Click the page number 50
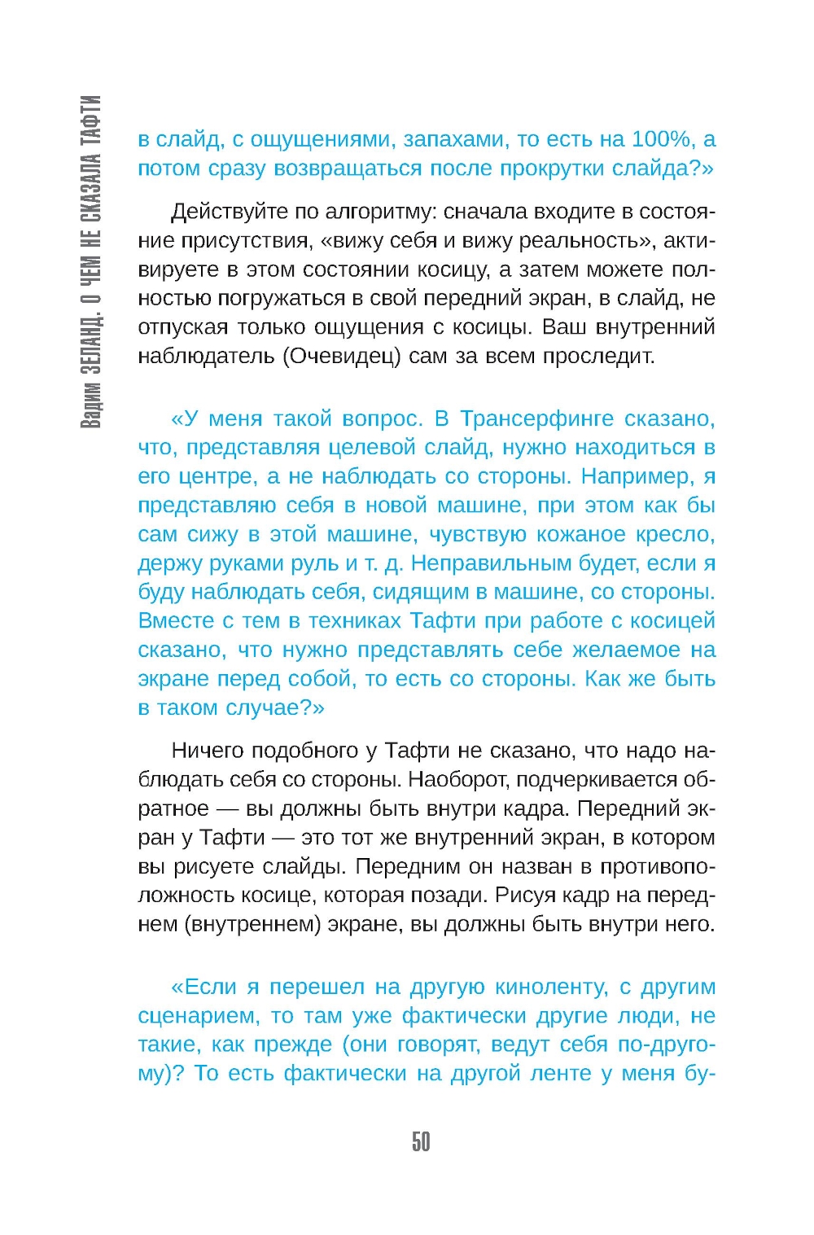coord(421,1141)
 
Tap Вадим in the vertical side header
coord(92,404)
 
